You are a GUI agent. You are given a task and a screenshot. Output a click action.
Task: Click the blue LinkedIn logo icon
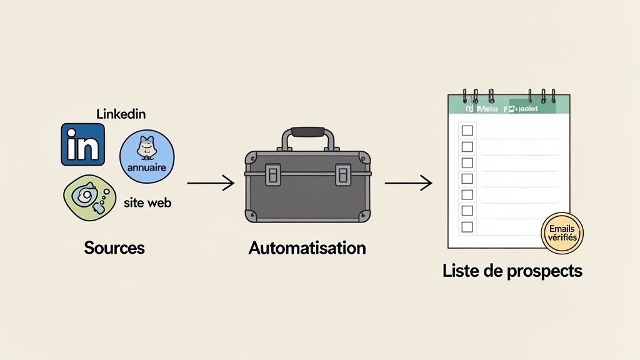tap(82, 144)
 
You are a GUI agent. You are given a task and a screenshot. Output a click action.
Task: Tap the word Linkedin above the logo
tap(121, 114)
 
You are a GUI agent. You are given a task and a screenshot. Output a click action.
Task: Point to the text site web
tap(147, 203)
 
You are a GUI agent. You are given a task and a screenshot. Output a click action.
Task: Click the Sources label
tap(114, 247)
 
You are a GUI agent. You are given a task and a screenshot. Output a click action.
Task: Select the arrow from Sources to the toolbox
tap(211, 183)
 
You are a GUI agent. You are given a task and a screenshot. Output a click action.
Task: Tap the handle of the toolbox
tap(307, 133)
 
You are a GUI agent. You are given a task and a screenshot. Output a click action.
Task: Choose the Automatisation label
tap(307, 247)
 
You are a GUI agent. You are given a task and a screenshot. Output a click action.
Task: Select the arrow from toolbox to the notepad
tap(408, 183)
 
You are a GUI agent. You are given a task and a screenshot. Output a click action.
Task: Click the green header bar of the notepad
tap(509, 107)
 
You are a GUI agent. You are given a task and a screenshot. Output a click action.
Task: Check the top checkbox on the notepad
tap(467, 131)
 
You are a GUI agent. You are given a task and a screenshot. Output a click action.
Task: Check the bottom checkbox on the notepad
tap(467, 227)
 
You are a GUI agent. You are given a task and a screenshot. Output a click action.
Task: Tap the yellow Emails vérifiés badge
tap(561, 233)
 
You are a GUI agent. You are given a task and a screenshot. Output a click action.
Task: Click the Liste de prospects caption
tap(512, 271)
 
